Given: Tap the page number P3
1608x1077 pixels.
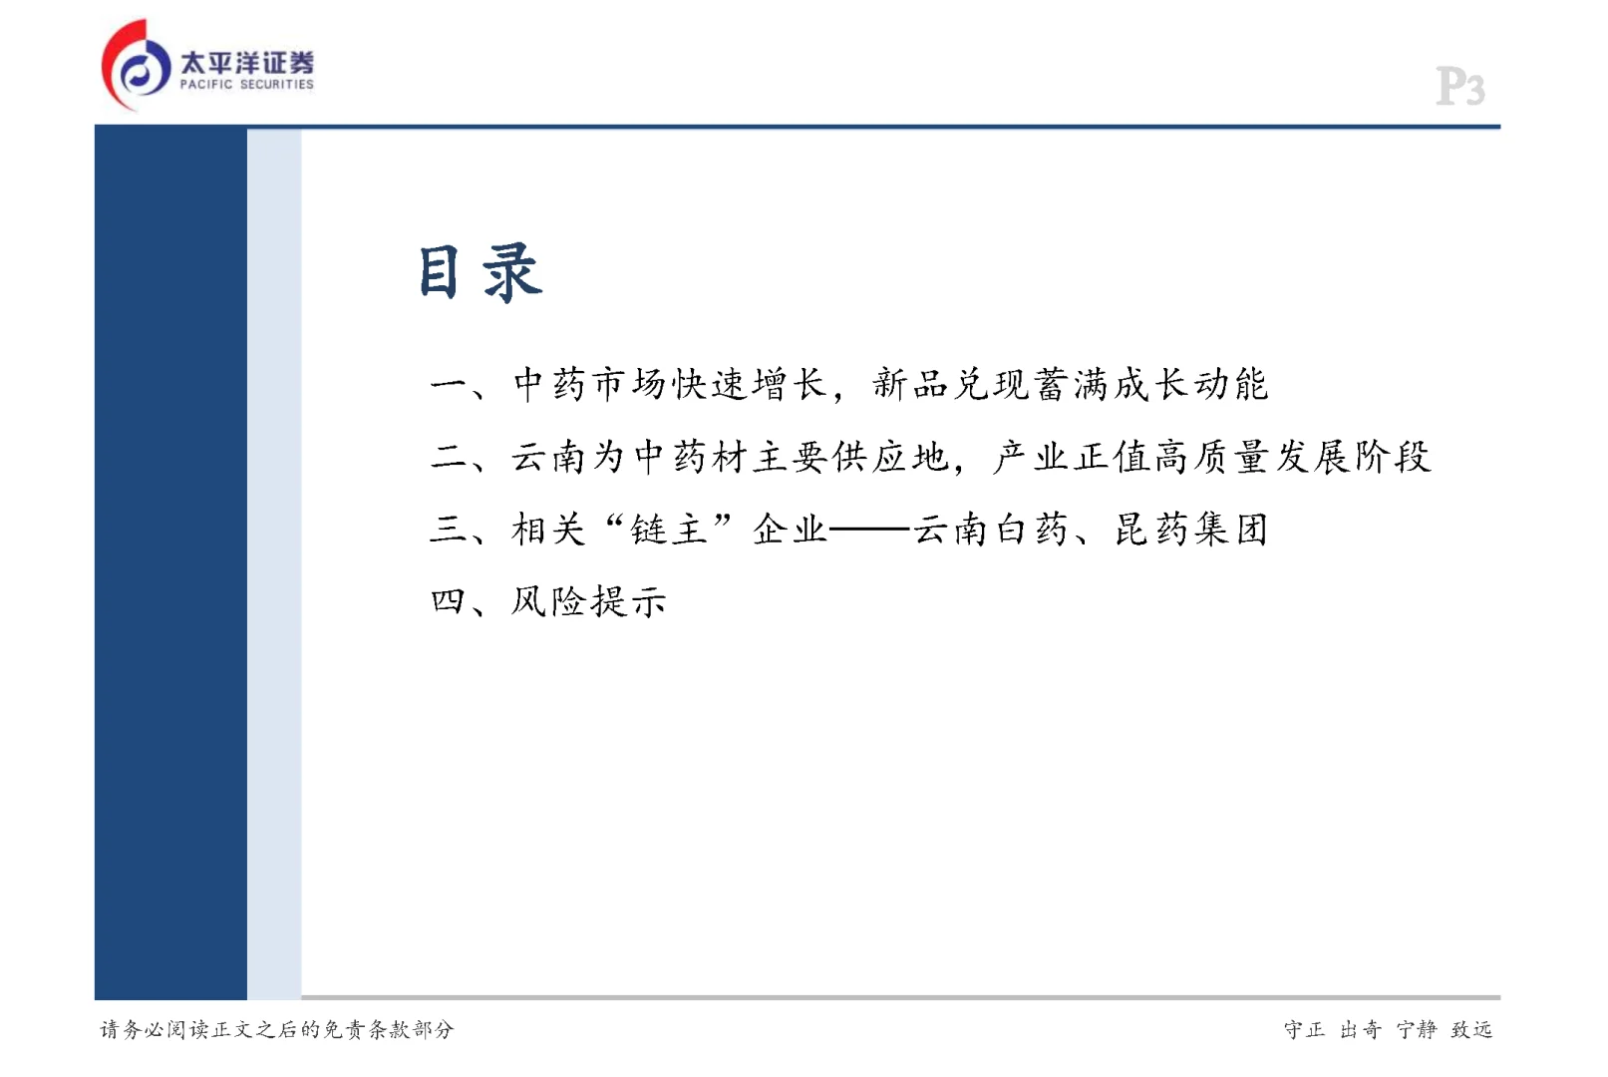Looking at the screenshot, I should (1460, 87).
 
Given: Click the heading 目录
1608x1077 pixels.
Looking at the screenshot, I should (480, 272).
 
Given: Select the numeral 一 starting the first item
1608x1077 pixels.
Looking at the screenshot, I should (449, 385).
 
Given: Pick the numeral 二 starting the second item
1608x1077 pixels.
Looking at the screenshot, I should (449, 457).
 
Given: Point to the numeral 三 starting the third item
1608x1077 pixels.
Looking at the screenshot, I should (449, 529).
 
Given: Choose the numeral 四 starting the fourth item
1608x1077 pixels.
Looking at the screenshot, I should (449, 601).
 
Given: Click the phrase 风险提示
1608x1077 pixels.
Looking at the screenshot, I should (588, 601).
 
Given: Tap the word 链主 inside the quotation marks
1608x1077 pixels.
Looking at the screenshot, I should (669, 529).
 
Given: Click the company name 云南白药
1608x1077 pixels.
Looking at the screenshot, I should (992, 529).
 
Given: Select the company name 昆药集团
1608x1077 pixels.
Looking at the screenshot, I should (1191, 529).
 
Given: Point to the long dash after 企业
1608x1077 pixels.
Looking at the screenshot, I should (870, 530).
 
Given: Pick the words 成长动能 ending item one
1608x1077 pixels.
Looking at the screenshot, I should (1191, 385).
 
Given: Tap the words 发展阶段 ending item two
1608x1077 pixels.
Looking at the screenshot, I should (1353, 457).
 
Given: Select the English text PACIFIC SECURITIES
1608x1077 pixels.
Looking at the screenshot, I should (246, 85).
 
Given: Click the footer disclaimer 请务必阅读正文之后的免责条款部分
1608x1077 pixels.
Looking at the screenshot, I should (276, 1029).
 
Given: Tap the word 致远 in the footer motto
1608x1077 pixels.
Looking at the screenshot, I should (1471, 1029).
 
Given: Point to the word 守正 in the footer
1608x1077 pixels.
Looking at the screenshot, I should (1304, 1029).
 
